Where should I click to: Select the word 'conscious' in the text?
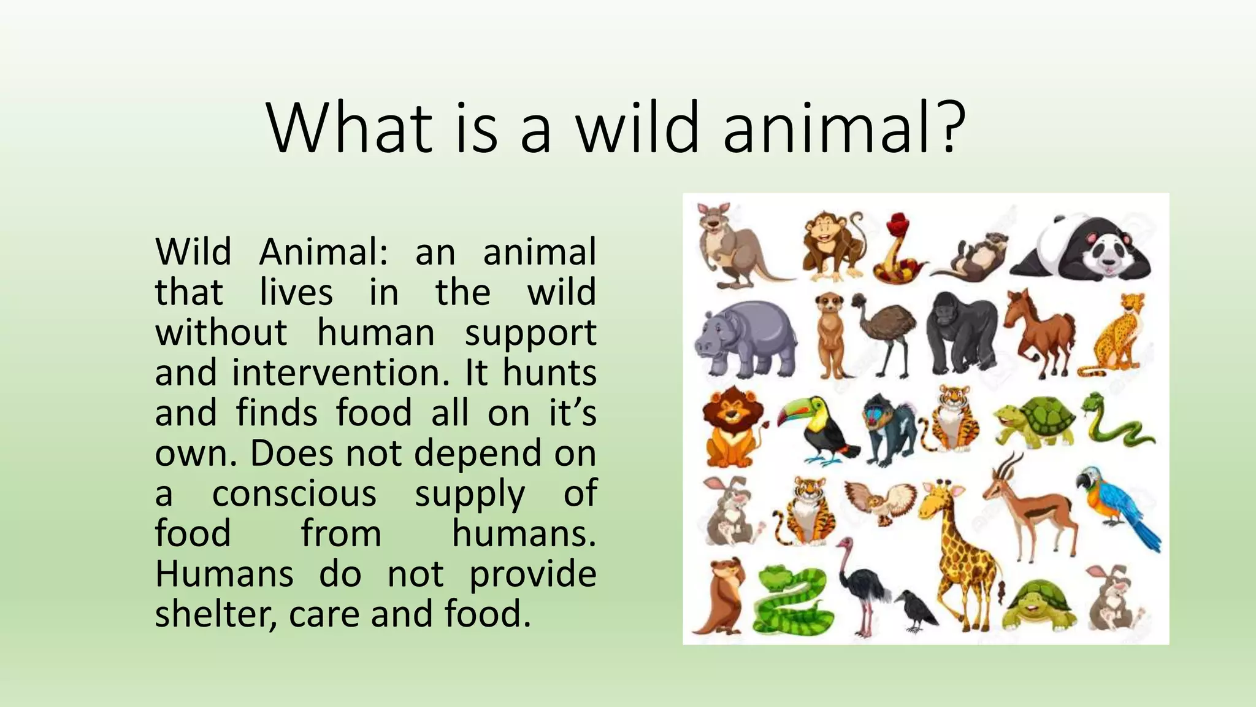coord(294,493)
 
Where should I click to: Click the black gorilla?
coord(960,333)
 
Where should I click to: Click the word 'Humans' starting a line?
coord(224,574)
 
